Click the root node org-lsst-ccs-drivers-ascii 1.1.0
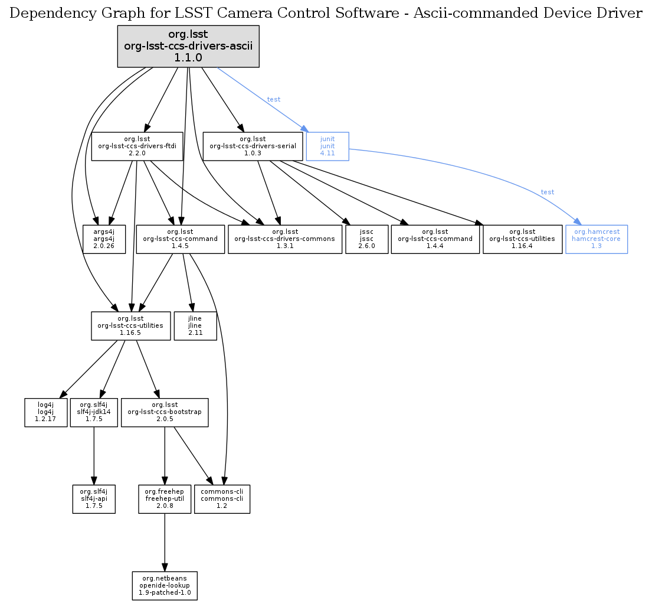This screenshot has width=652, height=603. (188, 46)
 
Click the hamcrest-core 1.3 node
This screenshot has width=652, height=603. (596, 239)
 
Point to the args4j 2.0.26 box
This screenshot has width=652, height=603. (104, 239)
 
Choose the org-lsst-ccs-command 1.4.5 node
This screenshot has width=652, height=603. (181, 239)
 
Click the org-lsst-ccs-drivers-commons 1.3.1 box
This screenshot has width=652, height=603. (285, 239)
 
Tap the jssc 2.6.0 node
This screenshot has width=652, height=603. (366, 239)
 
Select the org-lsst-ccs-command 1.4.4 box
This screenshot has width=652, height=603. (435, 239)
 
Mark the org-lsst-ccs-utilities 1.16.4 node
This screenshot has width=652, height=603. (522, 239)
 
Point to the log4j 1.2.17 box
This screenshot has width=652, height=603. (45, 412)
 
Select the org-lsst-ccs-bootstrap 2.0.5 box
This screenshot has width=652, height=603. (165, 412)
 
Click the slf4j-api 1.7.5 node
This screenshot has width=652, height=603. (94, 499)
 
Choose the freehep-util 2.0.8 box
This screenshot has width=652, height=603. (165, 499)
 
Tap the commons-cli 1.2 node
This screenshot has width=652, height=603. (222, 499)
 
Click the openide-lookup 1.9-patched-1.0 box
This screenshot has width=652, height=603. (165, 585)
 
